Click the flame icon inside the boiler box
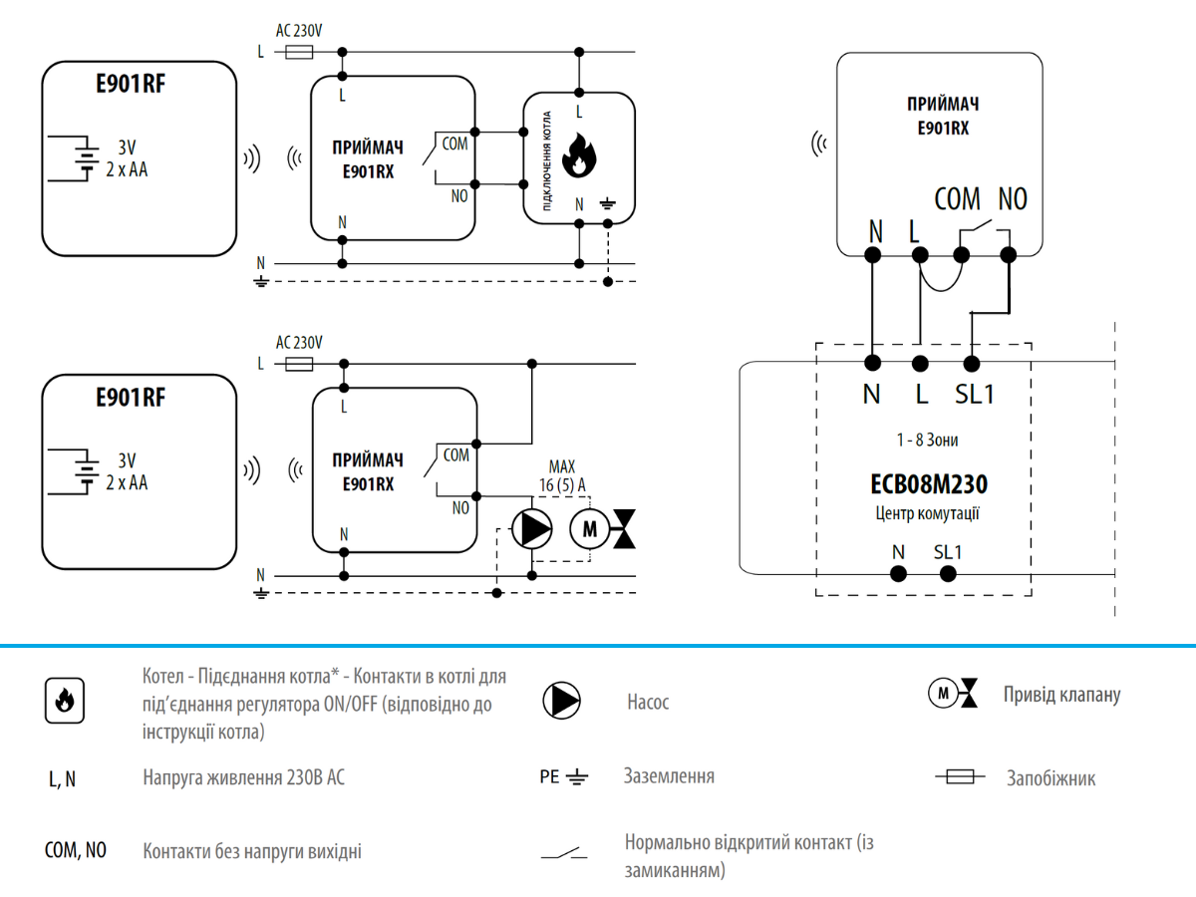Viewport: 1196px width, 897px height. coord(579,157)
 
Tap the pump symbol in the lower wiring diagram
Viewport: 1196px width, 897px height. coord(531,528)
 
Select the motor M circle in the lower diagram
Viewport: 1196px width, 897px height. coord(588,528)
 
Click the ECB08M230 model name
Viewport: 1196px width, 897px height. coord(929,485)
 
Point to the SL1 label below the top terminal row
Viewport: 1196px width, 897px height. coord(975,394)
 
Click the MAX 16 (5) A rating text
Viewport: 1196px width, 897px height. coord(562,475)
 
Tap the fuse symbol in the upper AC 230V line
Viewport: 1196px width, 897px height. coord(300,51)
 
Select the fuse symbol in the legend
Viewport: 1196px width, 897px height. coord(960,777)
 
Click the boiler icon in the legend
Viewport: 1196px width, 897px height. coord(64,701)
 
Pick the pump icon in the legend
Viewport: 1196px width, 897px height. coord(561,701)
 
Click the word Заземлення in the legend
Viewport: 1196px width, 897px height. coord(669,775)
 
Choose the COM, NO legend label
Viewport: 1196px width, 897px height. coord(76,851)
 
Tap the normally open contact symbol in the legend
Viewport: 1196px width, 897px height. coord(564,853)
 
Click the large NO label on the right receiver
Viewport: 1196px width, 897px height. coord(1012,199)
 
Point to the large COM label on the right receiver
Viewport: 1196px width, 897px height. coord(957,199)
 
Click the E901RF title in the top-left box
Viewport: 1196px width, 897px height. coord(131,85)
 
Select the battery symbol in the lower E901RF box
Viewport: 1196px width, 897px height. coord(86,469)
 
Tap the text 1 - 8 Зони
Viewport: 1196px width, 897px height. coord(927,440)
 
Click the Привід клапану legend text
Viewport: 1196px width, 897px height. coord(1061,695)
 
